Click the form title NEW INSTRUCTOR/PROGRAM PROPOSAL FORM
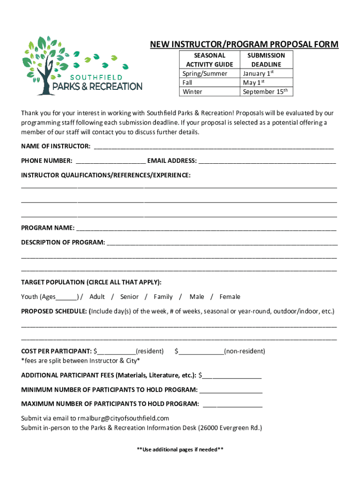[244, 44]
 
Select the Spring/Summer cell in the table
[205, 73]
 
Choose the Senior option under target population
[129, 297]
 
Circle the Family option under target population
[163, 297]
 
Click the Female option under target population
[230, 297]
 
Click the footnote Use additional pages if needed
[180, 450]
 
